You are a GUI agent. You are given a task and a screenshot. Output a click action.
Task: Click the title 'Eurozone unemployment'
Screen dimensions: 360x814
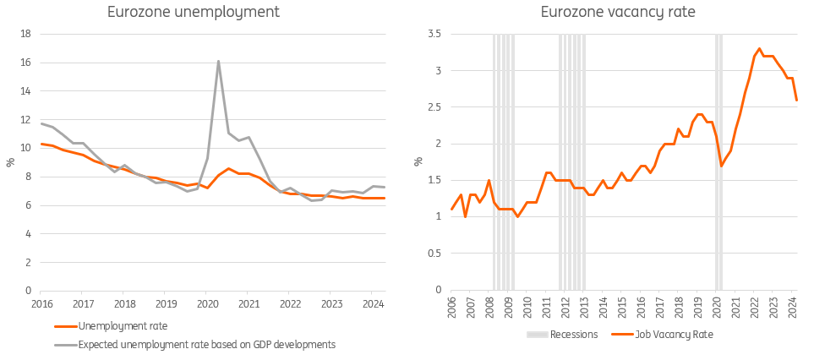(x=194, y=13)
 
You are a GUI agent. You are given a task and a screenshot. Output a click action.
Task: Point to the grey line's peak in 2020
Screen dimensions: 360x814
(x=218, y=61)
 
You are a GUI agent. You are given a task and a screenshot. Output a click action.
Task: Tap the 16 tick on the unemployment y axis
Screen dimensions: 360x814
(x=25, y=63)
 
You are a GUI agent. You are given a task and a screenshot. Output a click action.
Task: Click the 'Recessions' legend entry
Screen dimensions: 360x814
(x=574, y=335)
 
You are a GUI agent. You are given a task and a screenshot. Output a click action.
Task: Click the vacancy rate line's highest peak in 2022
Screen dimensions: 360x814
(x=759, y=49)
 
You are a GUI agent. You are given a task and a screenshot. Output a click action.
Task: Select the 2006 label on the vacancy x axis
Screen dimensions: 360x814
(x=451, y=306)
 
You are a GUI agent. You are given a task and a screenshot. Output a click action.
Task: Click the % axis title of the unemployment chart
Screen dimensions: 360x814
(x=11, y=162)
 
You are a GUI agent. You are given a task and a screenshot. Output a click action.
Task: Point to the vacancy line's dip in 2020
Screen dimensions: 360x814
(x=721, y=166)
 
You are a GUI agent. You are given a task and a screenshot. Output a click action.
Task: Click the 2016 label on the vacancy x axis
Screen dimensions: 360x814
(x=640, y=306)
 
